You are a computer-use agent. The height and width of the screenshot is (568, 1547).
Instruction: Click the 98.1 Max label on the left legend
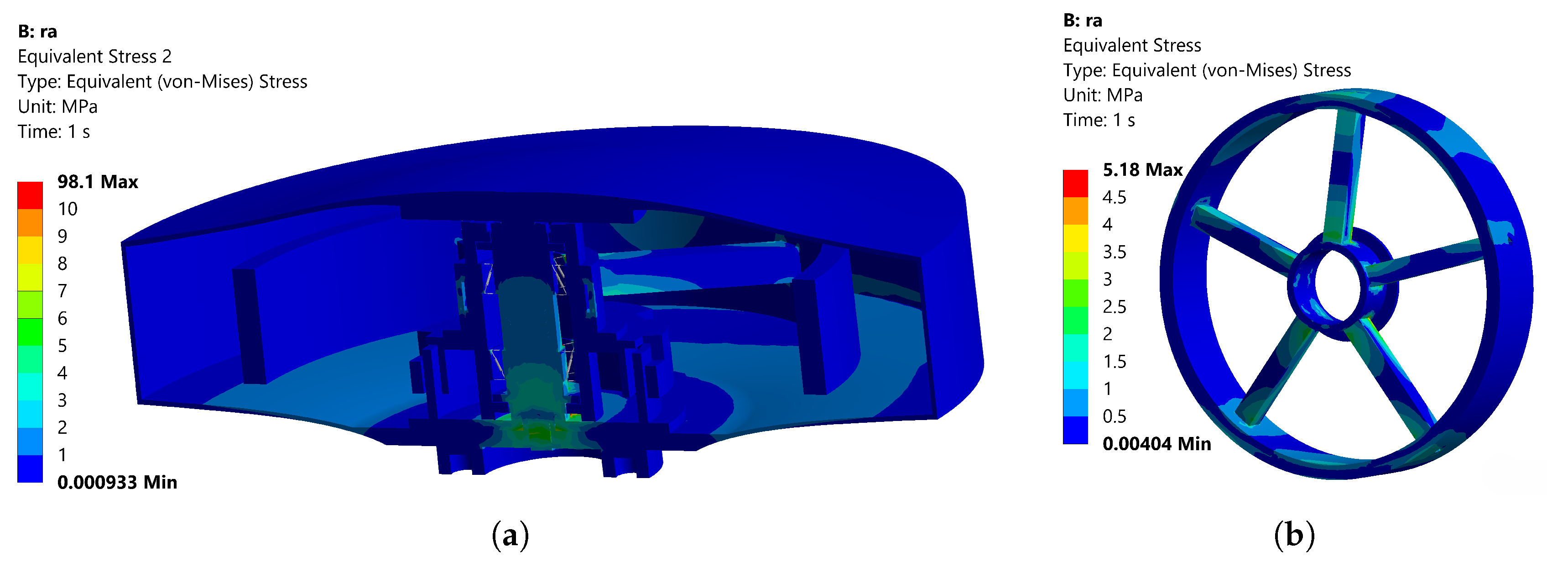97,182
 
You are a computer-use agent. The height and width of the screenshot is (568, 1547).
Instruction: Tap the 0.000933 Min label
117,482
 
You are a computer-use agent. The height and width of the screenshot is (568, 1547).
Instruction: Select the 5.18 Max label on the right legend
1142,169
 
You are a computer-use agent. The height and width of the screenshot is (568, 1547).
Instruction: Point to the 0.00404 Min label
1156,444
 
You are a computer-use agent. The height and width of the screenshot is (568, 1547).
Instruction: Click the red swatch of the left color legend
30,195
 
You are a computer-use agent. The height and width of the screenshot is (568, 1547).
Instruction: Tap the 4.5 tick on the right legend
1114,197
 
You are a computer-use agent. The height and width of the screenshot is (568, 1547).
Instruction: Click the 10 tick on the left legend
67,209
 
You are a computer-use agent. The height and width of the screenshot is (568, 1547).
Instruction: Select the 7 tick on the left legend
62,291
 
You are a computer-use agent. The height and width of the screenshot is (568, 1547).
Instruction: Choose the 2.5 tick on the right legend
1114,306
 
